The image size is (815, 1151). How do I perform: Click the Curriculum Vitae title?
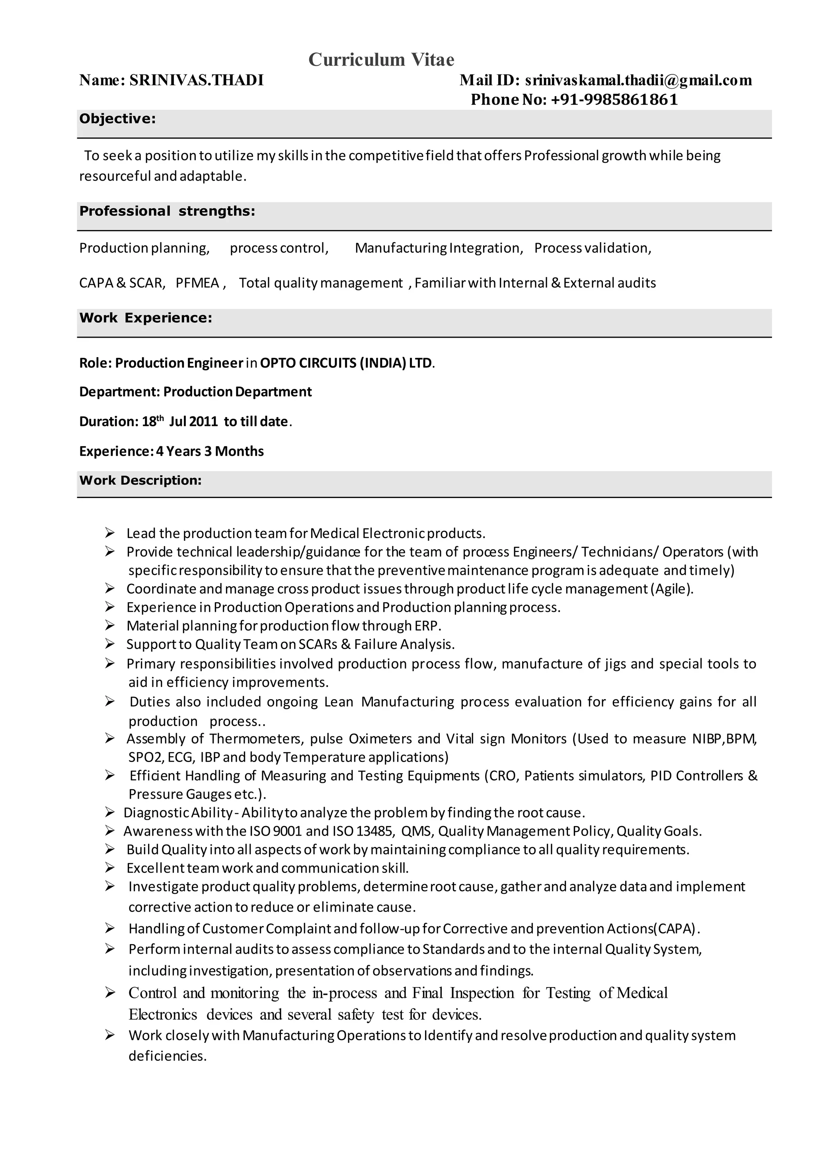point(381,60)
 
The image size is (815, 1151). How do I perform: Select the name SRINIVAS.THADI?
point(196,80)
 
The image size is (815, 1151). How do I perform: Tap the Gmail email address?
point(638,80)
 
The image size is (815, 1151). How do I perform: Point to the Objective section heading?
point(117,119)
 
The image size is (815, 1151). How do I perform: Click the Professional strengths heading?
point(167,211)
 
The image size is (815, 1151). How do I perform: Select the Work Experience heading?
point(146,318)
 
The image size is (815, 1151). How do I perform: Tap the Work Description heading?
point(140,480)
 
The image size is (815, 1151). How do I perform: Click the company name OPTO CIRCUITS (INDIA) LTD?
point(346,363)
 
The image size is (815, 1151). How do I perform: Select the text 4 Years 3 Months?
point(210,451)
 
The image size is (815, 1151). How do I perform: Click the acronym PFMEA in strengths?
point(197,283)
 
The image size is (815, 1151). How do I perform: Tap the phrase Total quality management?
point(321,283)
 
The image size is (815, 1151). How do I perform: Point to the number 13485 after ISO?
point(374,832)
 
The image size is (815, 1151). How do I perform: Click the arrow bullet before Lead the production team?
point(110,533)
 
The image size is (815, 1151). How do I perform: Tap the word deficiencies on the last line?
point(167,1056)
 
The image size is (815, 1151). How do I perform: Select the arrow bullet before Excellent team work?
point(110,868)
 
